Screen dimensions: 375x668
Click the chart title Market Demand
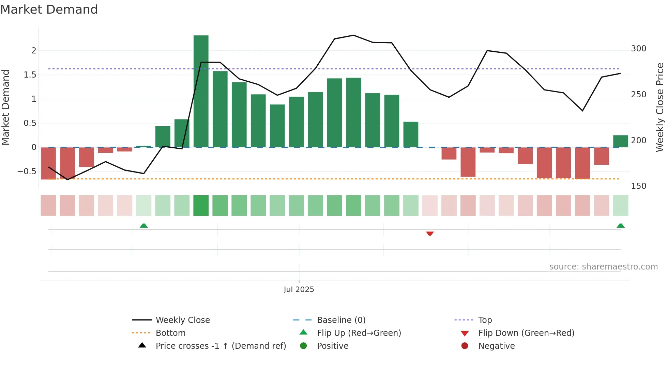tap(49, 10)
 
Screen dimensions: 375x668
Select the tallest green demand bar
tap(201, 91)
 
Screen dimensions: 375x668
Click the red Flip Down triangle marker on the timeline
tap(430, 233)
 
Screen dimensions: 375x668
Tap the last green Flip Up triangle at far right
tap(620, 226)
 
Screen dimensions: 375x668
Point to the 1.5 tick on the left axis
tap(30, 75)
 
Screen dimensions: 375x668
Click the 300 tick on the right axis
tap(638, 49)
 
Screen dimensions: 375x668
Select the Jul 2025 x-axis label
tap(299, 290)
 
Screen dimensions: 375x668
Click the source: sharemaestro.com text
tap(603, 267)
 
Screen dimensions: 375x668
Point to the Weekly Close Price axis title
tap(660, 107)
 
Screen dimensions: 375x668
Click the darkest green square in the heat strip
tap(201, 206)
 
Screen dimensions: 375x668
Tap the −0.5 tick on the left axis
tap(27, 172)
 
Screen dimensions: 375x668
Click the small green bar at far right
tap(620, 141)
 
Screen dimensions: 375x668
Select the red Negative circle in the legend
tap(465, 346)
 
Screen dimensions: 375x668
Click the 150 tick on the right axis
tap(638, 186)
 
